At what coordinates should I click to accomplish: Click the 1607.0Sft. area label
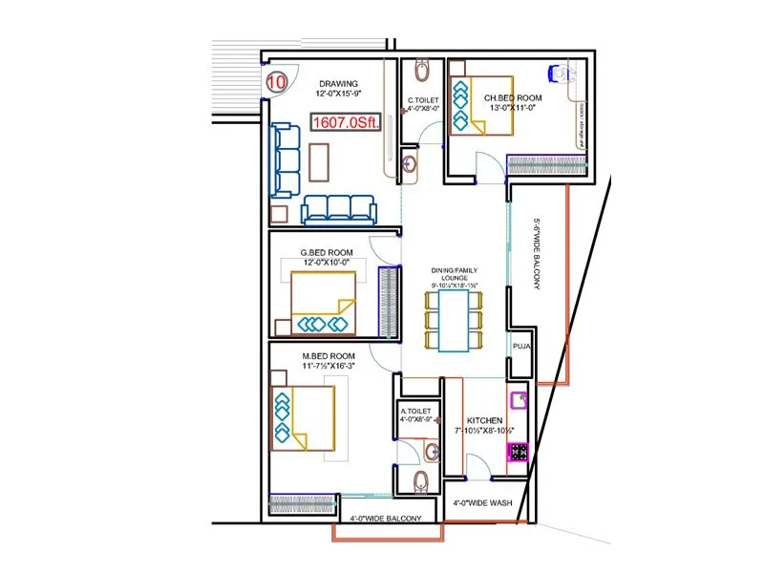point(345,122)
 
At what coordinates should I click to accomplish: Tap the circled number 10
point(277,82)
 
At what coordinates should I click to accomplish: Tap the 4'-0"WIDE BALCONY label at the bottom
point(384,519)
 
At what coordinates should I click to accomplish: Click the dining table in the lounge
point(454,320)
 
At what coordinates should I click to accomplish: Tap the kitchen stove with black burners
point(519,452)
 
